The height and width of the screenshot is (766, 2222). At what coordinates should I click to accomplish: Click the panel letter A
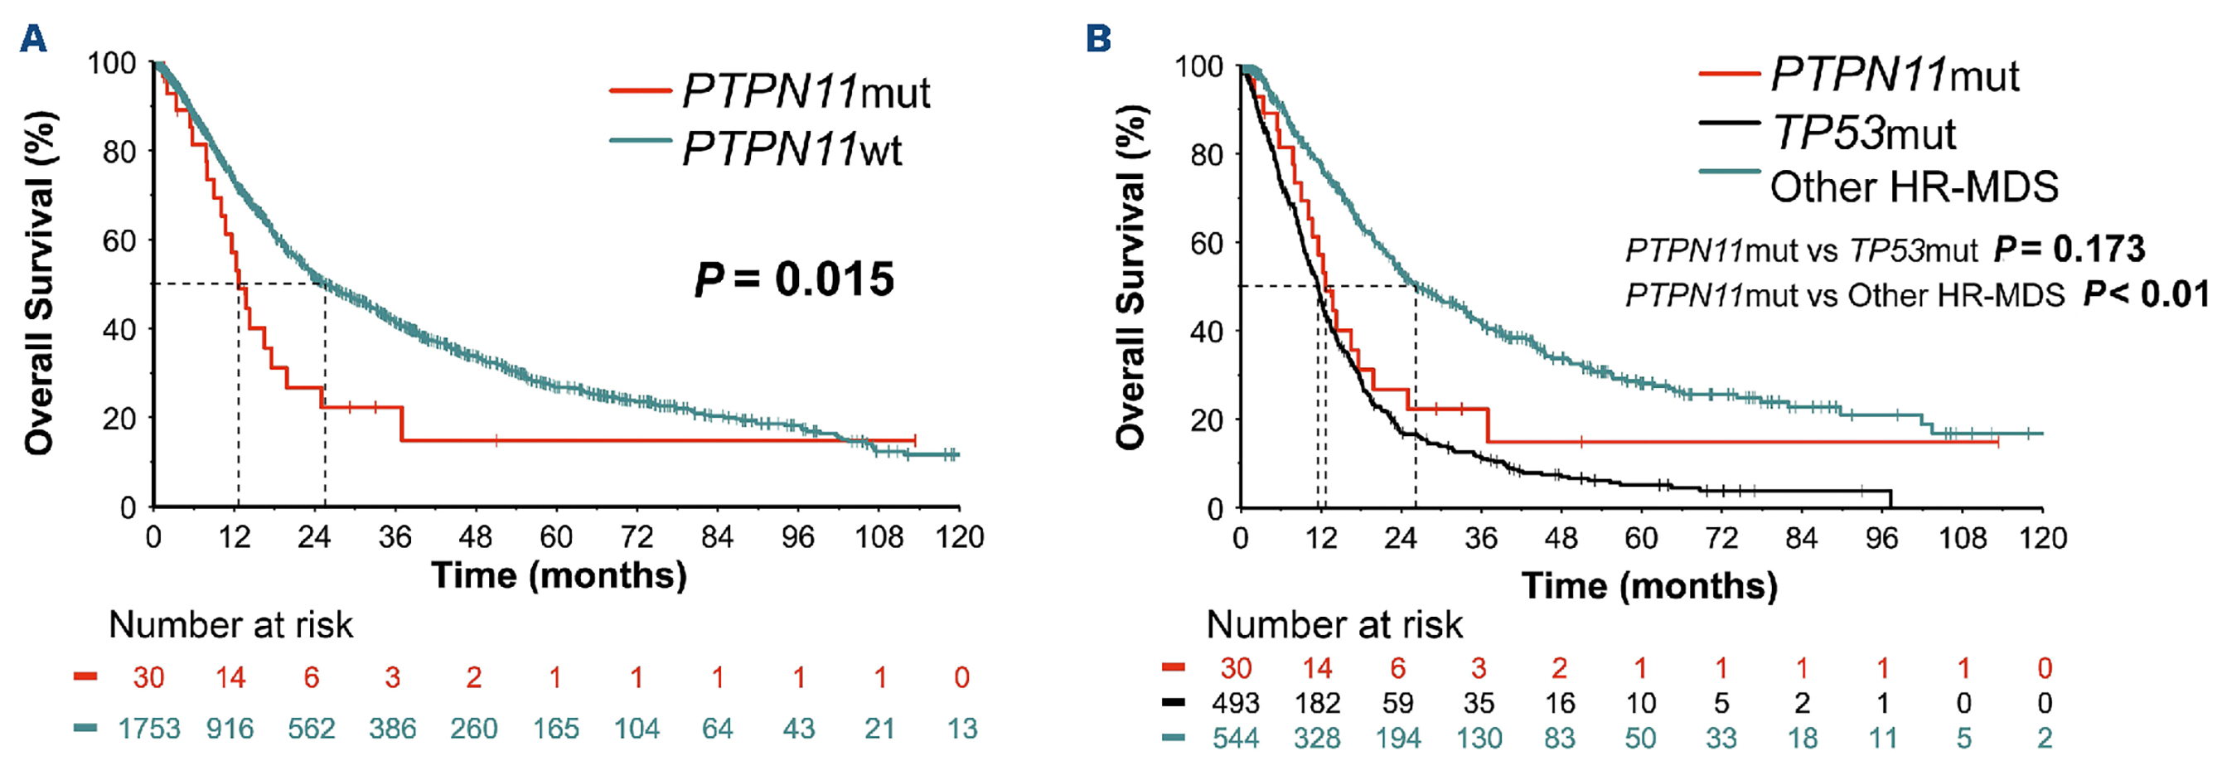pos(33,39)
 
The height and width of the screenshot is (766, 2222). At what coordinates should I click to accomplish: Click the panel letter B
pos(1098,39)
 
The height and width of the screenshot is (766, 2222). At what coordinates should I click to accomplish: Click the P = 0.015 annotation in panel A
pos(794,279)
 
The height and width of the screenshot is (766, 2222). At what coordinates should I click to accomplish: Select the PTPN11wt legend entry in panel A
pos(791,150)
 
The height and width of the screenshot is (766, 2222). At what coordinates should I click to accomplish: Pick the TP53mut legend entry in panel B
pos(1862,133)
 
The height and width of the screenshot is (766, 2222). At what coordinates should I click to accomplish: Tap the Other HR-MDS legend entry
pos(1913,187)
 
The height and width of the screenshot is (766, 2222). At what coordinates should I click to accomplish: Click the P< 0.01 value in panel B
pos(2146,295)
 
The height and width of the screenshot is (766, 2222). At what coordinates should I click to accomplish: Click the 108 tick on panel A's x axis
pos(878,537)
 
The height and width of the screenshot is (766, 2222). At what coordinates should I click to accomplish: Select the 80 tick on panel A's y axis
pos(119,152)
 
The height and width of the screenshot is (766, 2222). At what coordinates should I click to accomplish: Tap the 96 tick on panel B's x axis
pos(1881,538)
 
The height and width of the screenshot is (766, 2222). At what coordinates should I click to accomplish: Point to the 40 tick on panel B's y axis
pos(1206,332)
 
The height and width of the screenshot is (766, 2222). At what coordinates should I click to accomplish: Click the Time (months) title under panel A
pos(559,575)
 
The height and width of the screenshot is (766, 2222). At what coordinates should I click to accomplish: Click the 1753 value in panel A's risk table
pos(148,729)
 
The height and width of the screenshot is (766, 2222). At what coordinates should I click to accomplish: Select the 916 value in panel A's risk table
pos(230,729)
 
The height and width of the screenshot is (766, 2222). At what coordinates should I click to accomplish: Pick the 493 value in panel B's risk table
pos(1235,704)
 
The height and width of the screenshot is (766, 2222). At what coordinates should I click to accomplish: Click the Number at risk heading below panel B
pos(1334,624)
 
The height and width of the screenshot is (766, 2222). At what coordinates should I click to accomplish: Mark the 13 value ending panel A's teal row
pos(961,729)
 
